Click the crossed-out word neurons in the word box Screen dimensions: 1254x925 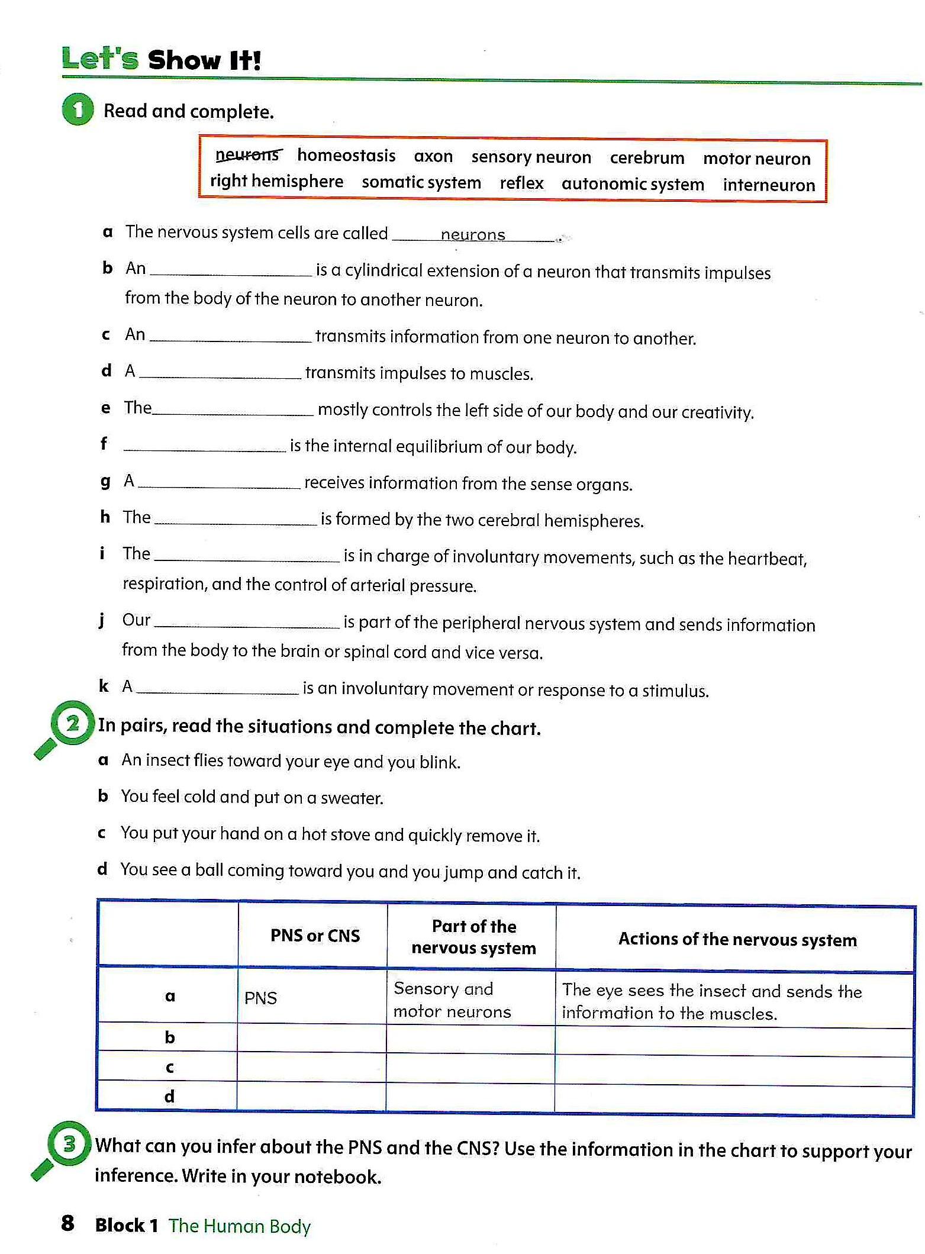[x=248, y=155]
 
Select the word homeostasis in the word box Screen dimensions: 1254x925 [x=346, y=156]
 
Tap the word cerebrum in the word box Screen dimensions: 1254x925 [x=647, y=158]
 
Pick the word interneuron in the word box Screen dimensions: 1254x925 [x=769, y=185]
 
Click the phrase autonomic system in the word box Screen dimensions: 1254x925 [x=633, y=184]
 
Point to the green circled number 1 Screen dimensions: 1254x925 [x=78, y=109]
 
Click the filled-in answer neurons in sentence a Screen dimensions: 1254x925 [x=473, y=235]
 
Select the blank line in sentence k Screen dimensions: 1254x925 [x=217, y=691]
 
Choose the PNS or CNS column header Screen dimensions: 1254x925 [x=315, y=936]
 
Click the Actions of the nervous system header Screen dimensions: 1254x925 [x=737, y=939]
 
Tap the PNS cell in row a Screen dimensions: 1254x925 [x=261, y=998]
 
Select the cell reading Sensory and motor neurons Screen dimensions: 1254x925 [x=452, y=1000]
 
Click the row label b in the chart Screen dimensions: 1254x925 [x=170, y=1037]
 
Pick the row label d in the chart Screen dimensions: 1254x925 [x=169, y=1097]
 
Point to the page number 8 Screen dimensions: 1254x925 [x=67, y=1223]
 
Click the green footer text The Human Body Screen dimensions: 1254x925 [x=239, y=1226]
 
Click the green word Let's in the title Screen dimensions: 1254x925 [x=100, y=59]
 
